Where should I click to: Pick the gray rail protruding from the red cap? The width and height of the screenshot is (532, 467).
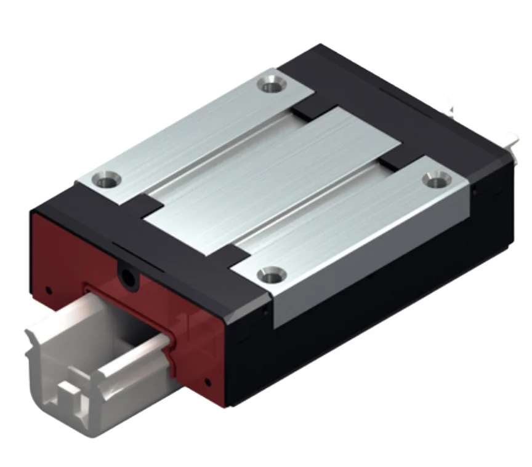click(x=92, y=345)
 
